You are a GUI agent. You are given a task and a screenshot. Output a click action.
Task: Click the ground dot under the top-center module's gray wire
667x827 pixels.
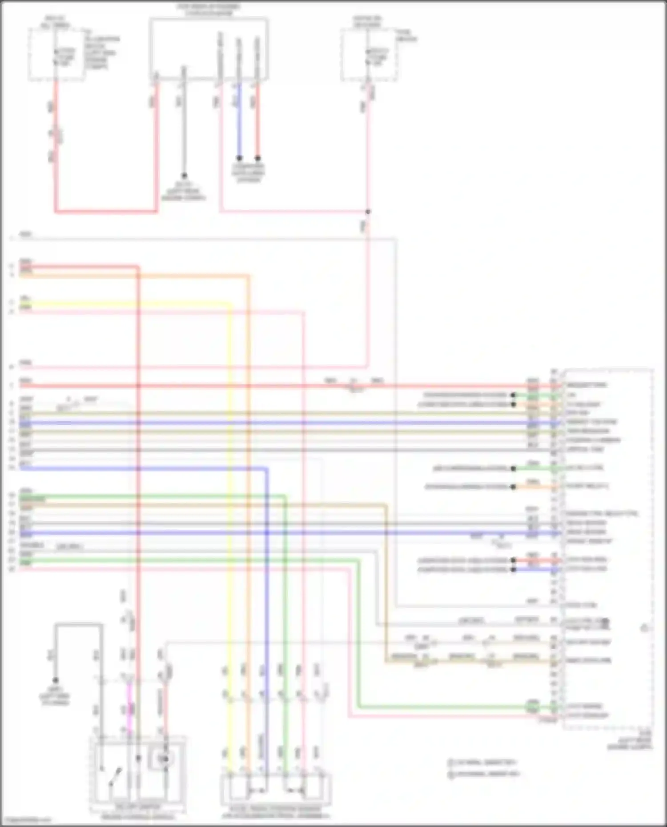tap(184, 176)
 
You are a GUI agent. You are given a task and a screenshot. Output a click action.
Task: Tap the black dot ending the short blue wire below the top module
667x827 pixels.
tap(239, 158)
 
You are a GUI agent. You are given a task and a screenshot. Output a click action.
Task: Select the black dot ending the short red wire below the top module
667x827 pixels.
tap(257, 158)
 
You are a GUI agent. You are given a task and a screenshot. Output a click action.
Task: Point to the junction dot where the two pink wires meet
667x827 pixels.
tap(368, 212)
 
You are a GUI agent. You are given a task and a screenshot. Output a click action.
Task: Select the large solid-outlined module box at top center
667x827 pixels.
tap(209, 49)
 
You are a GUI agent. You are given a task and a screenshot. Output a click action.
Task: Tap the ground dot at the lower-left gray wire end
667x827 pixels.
tap(56, 680)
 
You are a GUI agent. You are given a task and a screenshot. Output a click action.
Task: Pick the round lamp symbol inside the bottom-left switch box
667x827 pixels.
tap(165, 759)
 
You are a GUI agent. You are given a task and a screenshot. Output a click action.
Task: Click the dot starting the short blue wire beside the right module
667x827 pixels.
tap(514, 569)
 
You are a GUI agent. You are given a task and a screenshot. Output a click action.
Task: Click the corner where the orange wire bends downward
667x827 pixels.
tap(248, 276)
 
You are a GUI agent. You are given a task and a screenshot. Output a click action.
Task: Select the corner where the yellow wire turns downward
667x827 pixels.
tap(230, 304)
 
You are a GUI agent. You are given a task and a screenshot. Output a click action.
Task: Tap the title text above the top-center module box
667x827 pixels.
tap(209, 10)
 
